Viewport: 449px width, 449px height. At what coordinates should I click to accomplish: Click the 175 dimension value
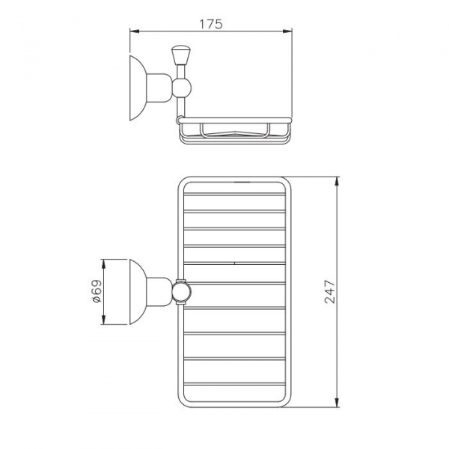click(211, 24)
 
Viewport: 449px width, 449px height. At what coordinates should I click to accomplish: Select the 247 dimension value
click(329, 292)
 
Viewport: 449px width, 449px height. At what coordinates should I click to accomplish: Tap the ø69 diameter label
click(97, 292)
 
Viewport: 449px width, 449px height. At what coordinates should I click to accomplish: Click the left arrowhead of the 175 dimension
click(134, 31)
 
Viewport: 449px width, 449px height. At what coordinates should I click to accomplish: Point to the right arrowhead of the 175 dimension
click(287, 31)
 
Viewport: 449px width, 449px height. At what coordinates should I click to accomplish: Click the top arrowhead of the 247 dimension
click(337, 181)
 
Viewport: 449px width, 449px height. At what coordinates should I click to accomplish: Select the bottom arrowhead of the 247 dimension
click(337, 403)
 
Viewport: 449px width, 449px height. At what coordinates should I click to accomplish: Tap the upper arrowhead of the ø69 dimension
click(104, 264)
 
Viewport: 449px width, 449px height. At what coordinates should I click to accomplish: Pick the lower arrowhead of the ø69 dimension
click(104, 320)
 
